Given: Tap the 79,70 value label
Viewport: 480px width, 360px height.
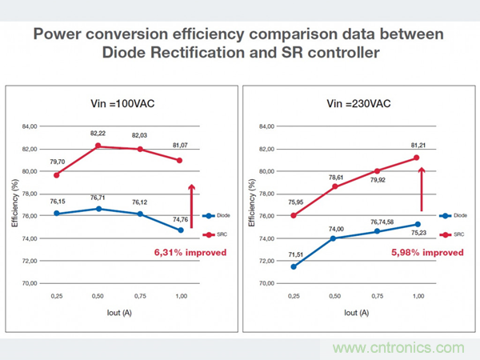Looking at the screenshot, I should pos(57,162).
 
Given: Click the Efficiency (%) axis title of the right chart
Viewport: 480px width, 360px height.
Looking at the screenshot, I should pos(254,205).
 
